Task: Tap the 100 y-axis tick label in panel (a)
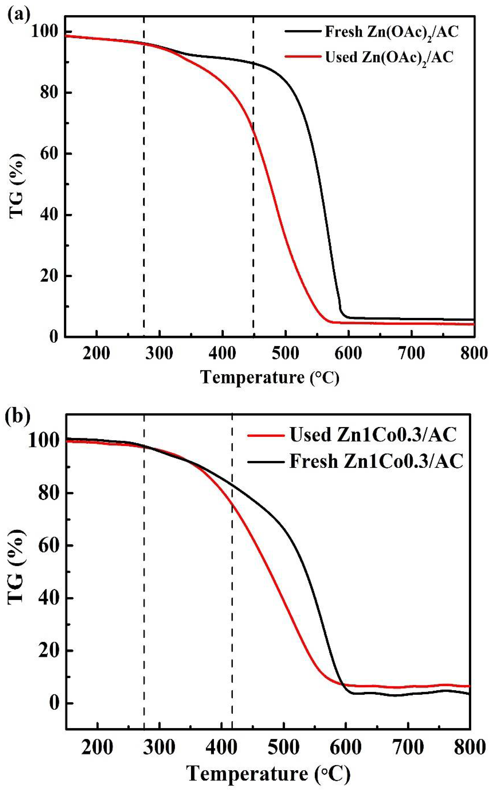point(45,31)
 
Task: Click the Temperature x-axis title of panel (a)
point(270,377)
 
